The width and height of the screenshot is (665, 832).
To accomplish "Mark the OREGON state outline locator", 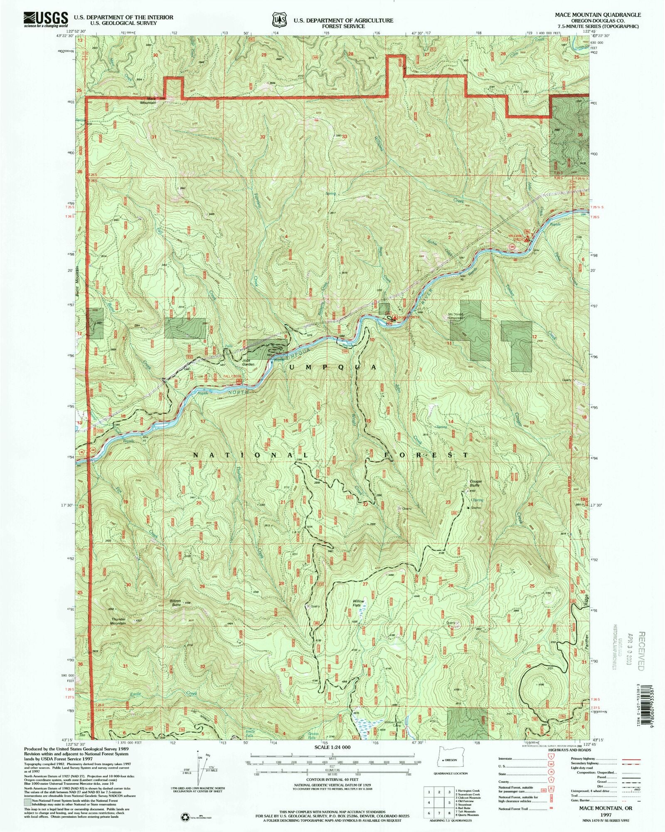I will (449, 759).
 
